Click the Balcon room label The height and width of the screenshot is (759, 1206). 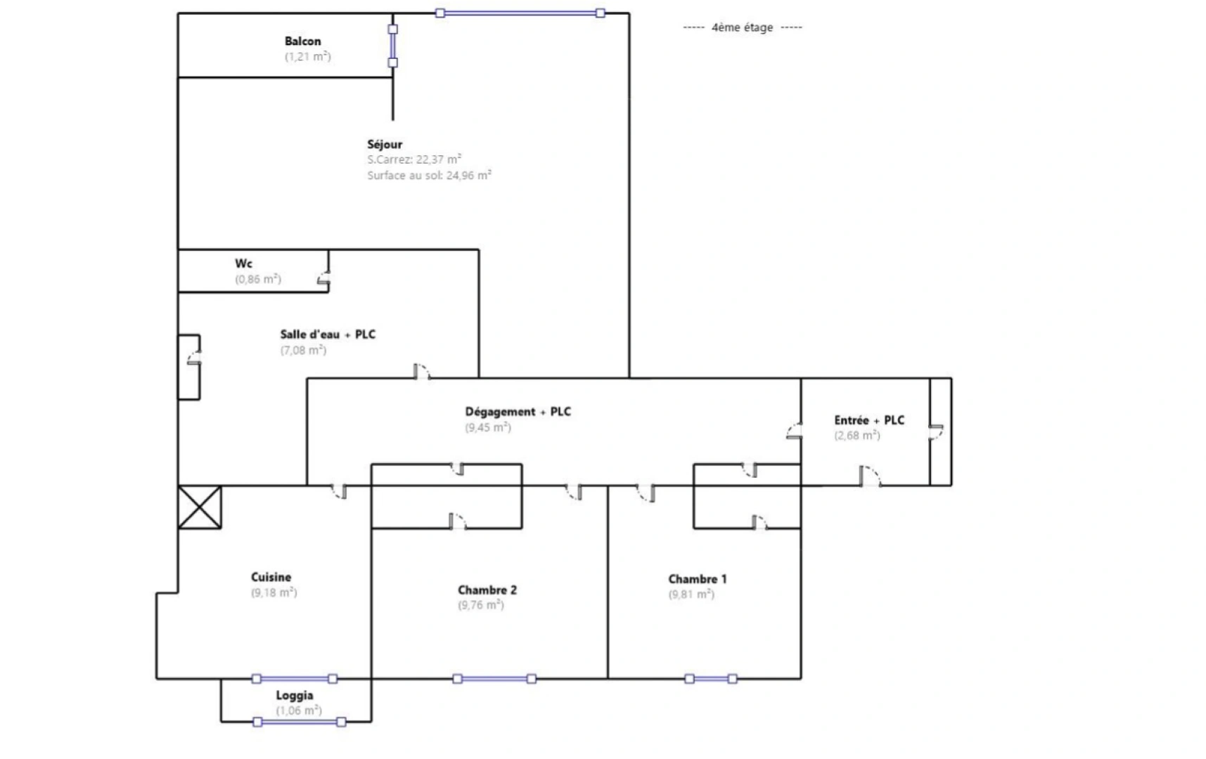pos(302,41)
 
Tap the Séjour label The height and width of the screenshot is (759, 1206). pos(385,144)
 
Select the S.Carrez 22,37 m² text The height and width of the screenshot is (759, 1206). pos(414,160)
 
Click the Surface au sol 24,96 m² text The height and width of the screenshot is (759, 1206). pos(429,176)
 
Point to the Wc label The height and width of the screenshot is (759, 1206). pos(243,264)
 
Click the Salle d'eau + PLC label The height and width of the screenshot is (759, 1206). pos(328,335)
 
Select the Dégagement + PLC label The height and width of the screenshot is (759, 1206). pos(518,412)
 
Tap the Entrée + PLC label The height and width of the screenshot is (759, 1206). pos(869,420)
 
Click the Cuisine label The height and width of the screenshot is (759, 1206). pos(271,577)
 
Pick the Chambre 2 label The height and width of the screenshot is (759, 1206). pos(487,590)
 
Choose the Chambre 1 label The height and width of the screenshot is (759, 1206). pos(697,579)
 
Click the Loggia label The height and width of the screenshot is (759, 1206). pos(294,695)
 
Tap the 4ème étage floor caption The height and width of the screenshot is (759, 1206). pos(742,27)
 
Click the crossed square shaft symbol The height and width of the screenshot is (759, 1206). pos(200,507)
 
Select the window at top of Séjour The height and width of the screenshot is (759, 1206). pos(520,13)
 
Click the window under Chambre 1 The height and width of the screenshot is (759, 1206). pos(710,679)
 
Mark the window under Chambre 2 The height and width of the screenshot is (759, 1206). pos(494,679)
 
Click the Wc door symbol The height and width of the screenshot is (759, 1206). pos(324,279)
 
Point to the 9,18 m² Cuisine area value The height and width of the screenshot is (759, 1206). pos(274,593)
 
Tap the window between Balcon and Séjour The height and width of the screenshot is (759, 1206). pos(392,46)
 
